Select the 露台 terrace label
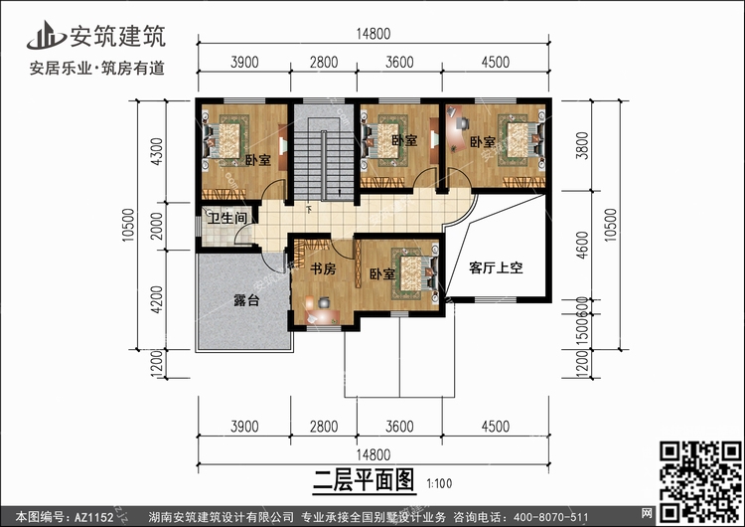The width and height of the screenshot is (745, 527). (x=246, y=300)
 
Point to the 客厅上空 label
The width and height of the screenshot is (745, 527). (x=496, y=267)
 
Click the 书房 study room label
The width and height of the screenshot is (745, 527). (x=322, y=268)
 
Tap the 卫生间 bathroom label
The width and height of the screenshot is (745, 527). (x=226, y=217)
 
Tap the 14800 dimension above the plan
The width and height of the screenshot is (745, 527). (x=373, y=33)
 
